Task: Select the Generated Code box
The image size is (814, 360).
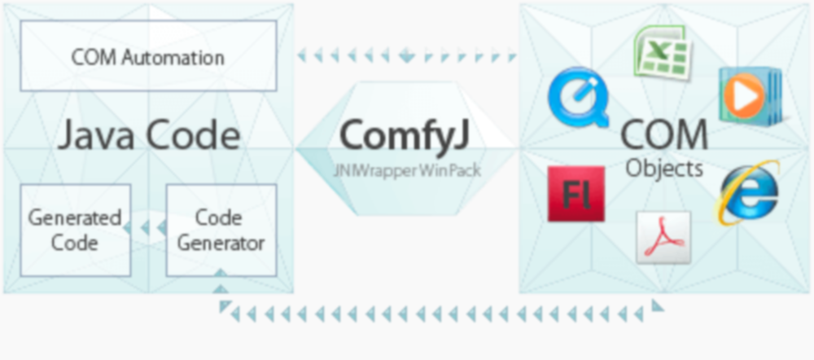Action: tap(75, 230)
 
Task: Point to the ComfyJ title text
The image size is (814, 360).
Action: tap(404, 134)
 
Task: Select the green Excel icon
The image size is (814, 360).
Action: tap(662, 51)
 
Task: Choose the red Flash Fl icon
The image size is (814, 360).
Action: tap(576, 194)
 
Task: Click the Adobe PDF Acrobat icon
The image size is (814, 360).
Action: tap(663, 237)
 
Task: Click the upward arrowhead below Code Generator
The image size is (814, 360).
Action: tap(220, 285)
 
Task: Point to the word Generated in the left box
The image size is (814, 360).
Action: tap(75, 218)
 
